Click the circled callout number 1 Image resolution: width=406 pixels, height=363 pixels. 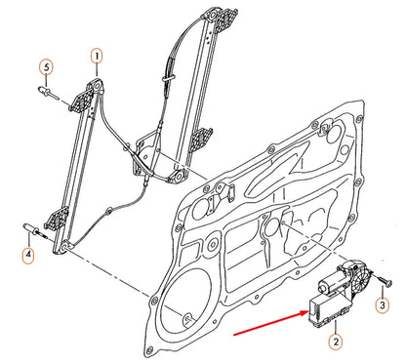point(97,58)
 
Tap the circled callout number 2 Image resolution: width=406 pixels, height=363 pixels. point(335,342)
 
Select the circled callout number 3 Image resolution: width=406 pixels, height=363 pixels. point(383,305)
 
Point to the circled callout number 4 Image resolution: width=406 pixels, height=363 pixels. point(28,257)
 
